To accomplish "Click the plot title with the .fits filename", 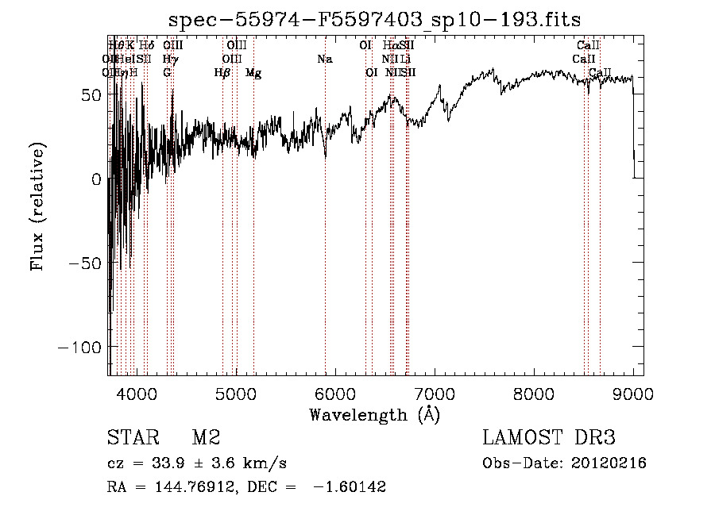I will click(376, 20).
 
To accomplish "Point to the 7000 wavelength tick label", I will click(435, 393).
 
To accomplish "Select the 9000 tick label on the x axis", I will click(633, 393).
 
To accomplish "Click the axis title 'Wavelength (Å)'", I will click(374, 414).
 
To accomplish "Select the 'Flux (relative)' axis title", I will click(37, 206).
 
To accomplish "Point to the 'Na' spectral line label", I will click(324, 60).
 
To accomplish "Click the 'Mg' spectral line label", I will click(253, 73).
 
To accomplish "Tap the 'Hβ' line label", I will click(222, 73).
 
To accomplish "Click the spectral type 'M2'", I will click(206, 438).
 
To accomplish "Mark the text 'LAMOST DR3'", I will click(549, 438).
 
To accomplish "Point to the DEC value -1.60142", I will click(351, 487).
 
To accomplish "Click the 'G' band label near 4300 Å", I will click(167, 73).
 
